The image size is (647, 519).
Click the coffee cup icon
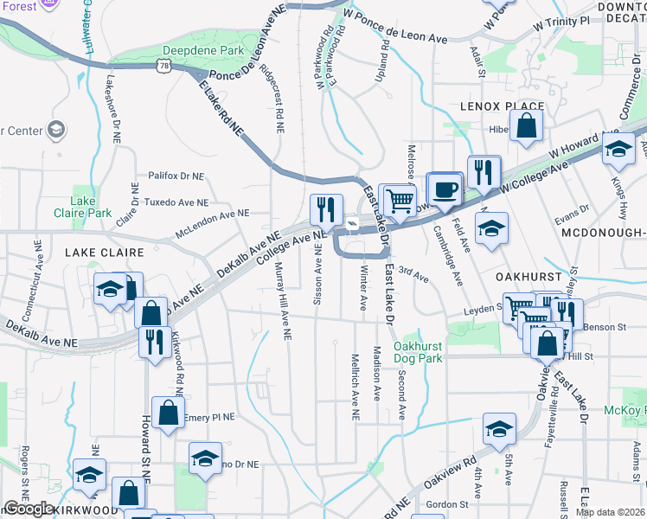[445, 190]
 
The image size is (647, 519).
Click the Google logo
[29, 509]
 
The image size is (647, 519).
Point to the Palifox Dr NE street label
[176, 175]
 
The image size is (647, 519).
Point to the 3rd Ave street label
[414, 275]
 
